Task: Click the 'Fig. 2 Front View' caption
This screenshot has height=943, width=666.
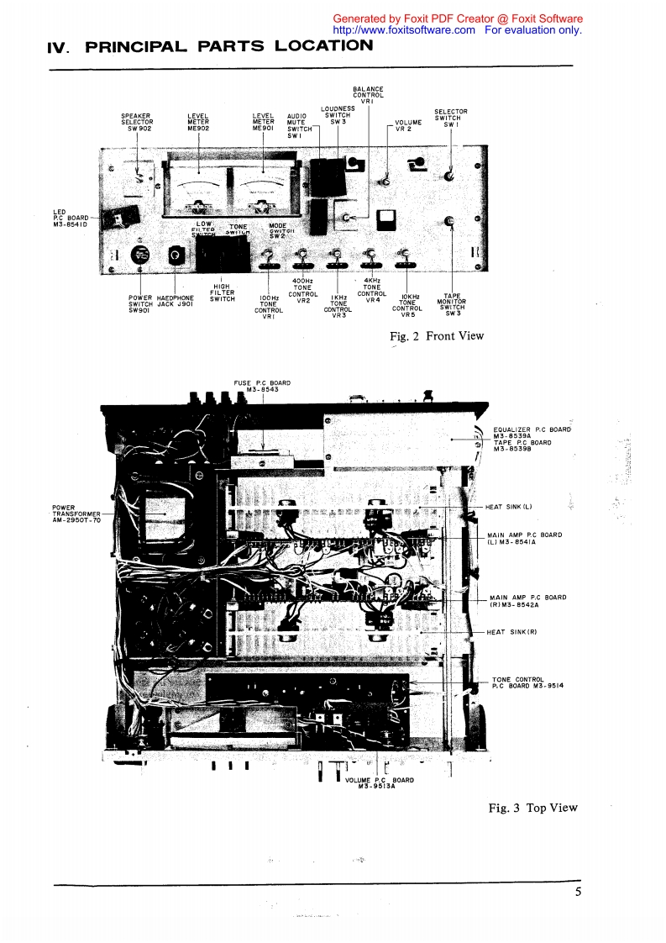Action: [x=437, y=336]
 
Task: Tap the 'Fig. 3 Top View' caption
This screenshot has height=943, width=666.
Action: [x=533, y=808]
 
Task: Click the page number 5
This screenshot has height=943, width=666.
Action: [x=579, y=893]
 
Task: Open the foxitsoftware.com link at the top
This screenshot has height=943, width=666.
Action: [x=404, y=29]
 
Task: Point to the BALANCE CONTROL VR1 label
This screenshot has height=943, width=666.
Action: [x=368, y=95]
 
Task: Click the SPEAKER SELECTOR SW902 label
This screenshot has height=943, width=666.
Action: [x=137, y=122]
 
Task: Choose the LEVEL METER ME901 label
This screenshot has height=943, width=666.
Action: [x=264, y=122]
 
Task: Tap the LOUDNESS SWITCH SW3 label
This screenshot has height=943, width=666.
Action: [x=338, y=115]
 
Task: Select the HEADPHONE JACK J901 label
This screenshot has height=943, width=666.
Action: [x=176, y=301]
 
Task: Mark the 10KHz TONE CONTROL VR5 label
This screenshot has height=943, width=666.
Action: [x=408, y=305]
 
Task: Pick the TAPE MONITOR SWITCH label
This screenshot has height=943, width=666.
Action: [x=454, y=304]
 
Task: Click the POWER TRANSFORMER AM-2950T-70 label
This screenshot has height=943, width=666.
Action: [x=76, y=514]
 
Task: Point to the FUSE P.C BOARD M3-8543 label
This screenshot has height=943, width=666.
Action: [x=262, y=387]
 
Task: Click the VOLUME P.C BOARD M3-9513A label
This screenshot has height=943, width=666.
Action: [x=380, y=782]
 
